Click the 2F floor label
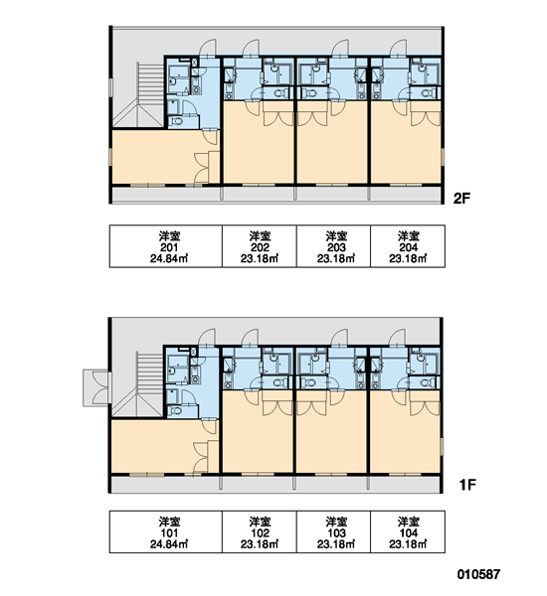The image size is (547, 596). [x=461, y=198]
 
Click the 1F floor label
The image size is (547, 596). [x=467, y=485]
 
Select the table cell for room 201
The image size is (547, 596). [x=166, y=246]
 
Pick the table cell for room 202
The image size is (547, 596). [x=260, y=246]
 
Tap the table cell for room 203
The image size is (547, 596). [x=333, y=246]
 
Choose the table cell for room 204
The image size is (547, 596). [x=408, y=246]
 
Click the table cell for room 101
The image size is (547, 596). [x=166, y=531]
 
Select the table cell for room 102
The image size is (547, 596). [x=260, y=531]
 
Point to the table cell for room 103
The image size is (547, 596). [x=333, y=531]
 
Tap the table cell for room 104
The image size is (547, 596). [x=408, y=531]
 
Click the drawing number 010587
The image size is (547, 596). [x=478, y=574]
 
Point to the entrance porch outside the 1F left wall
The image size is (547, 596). [x=97, y=387]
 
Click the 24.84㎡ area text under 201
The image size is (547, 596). [x=169, y=259]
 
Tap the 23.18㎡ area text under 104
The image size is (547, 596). [x=408, y=544]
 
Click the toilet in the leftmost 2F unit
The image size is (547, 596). [x=176, y=121]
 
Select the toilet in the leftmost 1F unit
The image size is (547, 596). [x=175, y=411]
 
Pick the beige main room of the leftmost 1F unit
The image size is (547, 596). [x=160, y=447]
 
